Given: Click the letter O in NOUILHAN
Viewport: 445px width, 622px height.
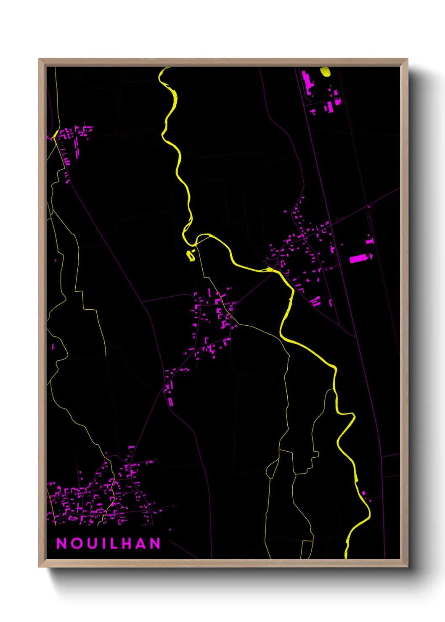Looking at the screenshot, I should tap(76, 543).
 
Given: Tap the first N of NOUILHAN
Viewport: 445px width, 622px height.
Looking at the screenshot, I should tap(61, 543).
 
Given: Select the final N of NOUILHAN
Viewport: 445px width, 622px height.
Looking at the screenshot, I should tap(156, 543).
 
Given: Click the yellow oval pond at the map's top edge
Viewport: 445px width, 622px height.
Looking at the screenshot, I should tap(326, 72).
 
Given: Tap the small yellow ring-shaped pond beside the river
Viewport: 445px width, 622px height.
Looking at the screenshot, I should tap(191, 255).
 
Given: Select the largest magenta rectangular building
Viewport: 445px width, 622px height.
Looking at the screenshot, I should tap(358, 258).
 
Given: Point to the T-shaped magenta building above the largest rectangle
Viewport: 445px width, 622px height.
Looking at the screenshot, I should tap(370, 241).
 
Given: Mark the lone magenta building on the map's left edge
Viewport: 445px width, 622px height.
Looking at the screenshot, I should tap(53, 347).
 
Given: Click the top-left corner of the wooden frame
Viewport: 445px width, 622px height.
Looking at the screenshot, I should tap(39, 59).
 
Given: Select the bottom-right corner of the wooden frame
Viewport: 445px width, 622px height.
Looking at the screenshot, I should tap(407, 567).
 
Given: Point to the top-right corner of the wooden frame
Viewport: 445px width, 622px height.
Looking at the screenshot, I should tap(407, 59).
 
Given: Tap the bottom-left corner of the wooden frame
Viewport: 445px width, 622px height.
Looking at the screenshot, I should tap(39, 567).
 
